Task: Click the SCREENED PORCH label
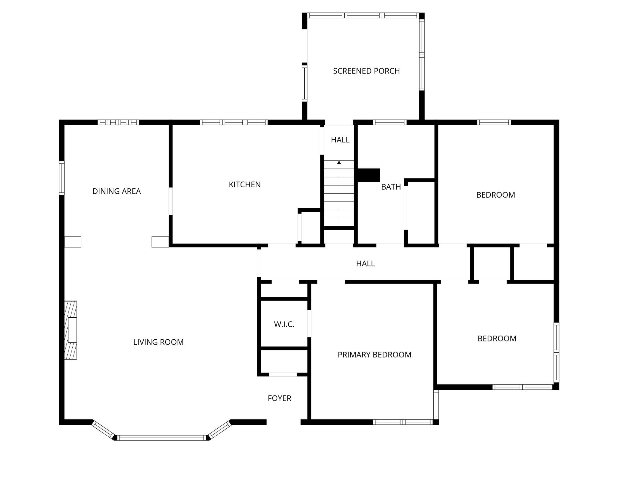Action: point(366,71)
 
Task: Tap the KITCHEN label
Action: point(245,185)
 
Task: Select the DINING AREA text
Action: point(117,191)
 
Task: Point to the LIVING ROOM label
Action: point(158,342)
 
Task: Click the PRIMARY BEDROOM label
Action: point(374,355)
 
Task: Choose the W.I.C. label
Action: point(284,325)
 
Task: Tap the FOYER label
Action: point(279,398)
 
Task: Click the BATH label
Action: point(391,187)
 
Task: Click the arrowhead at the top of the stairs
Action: point(339,163)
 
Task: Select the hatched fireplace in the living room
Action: point(71,330)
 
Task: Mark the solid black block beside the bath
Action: point(368,175)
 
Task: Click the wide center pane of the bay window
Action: point(162,438)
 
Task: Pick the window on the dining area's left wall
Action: point(62,178)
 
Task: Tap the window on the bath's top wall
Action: point(389,122)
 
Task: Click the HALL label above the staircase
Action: point(340,140)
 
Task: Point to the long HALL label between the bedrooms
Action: point(365,263)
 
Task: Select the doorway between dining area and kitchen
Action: point(171,201)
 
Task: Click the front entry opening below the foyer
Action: point(284,422)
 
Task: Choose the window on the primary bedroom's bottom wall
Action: point(403,422)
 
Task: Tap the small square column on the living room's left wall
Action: point(73,242)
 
